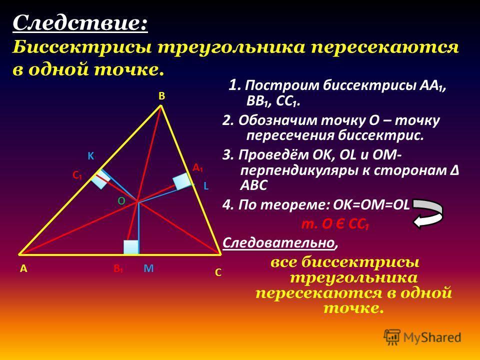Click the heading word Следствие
[x=80, y=23]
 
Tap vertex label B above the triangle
[x=161, y=96]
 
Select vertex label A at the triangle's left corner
[x=23, y=269]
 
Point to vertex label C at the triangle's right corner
[x=218, y=272]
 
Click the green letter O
[x=121, y=201]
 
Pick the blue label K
[x=90, y=156]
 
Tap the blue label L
[x=206, y=186]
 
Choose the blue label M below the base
[x=148, y=268]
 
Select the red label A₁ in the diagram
[x=198, y=168]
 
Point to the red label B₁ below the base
[x=118, y=269]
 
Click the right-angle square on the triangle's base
[x=130, y=247]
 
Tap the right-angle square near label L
[x=182, y=181]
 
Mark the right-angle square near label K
[x=100, y=179]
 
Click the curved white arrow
[x=428, y=213]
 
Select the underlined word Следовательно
[x=278, y=243]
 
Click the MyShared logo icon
[x=392, y=337]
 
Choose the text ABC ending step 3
[x=254, y=185]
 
